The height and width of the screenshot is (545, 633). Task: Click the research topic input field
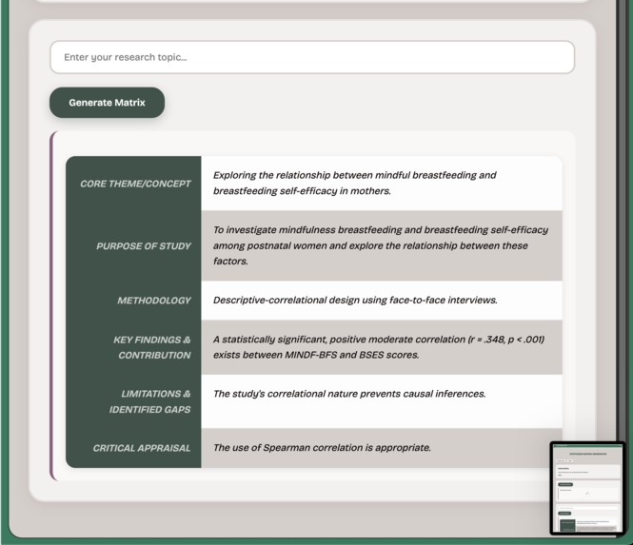click(x=312, y=57)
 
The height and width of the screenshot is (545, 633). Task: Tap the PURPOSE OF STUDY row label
click(x=144, y=246)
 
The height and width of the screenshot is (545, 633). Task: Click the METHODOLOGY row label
click(x=154, y=301)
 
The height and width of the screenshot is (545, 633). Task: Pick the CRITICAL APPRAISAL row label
click(x=142, y=448)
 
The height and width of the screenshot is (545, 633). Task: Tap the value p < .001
click(x=524, y=340)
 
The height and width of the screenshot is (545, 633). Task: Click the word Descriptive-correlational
click(x=276, y=301)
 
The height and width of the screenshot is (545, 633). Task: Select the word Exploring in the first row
click(x=238, y=176)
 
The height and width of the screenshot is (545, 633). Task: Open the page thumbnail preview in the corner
click(x=586, y=487)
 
